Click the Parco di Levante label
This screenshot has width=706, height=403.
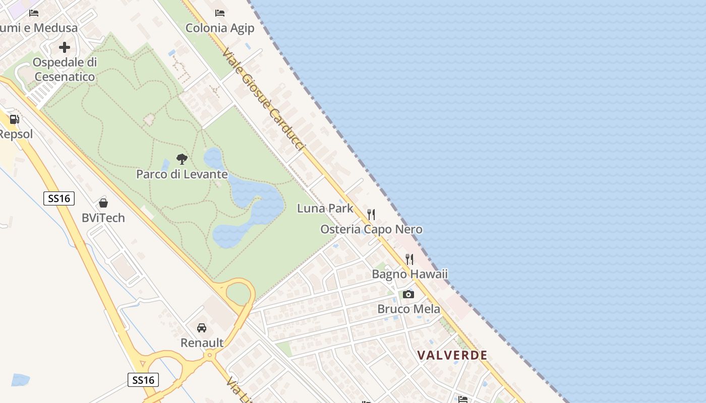tap(182, 175)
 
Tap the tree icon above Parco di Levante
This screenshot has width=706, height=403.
tap(182, 160)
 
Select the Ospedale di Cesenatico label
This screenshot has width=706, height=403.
tap(65, 70)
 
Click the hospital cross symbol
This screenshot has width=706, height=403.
tap(65, 47)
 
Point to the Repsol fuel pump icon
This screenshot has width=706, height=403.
tap(15, 119)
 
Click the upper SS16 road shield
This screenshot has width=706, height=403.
tap(59, 198)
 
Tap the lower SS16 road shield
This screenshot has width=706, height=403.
tap(143, 380)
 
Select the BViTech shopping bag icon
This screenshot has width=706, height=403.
tap(103, 203)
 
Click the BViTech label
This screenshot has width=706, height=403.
tap(103, 218)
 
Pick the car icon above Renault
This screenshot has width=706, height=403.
tap(202, 328)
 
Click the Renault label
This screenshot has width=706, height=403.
tap(202, 343)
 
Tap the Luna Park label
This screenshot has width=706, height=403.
tap(325, 208)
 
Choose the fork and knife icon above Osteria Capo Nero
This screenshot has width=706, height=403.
tap(371, 215)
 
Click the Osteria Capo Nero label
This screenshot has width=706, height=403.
tap(372, 230)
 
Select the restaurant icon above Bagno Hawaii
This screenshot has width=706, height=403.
tap(409, 259)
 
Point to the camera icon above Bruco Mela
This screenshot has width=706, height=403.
tap(408, 294)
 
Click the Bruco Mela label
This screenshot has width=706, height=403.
tap(409, 309)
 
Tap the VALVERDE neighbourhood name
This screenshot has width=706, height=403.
tap(452, 355)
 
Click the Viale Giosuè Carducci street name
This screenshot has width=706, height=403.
tap(264, 99)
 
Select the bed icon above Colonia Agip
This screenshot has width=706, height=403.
tap(220, 13)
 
